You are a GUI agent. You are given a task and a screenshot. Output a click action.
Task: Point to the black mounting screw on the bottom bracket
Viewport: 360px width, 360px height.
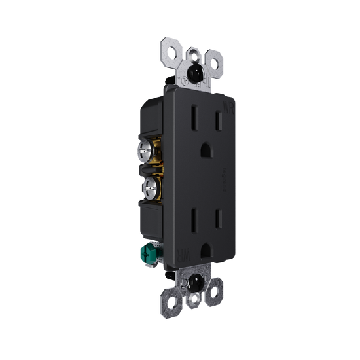point(194,283)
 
